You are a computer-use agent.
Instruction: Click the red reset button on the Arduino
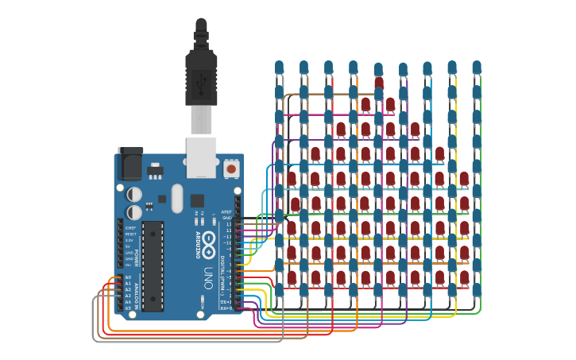click(231, 168)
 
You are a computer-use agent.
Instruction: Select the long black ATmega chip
click(153, 265)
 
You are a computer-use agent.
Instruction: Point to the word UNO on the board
click(207, 277)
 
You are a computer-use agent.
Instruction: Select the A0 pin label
click(128, 277)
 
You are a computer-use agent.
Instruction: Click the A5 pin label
click(128, 308)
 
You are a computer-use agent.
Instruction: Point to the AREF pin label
click(227, 212)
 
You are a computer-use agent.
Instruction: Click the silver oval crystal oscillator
click(176, 198)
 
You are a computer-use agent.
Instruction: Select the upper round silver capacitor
click(135, 194)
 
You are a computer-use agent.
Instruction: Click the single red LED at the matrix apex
click(378, 82)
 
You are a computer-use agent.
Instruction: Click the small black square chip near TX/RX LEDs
click(196, 201)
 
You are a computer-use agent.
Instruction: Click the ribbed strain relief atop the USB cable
click(201, 36)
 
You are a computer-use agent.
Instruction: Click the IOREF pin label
click(130, 228)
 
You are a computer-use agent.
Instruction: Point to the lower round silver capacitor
click(135, 212)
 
